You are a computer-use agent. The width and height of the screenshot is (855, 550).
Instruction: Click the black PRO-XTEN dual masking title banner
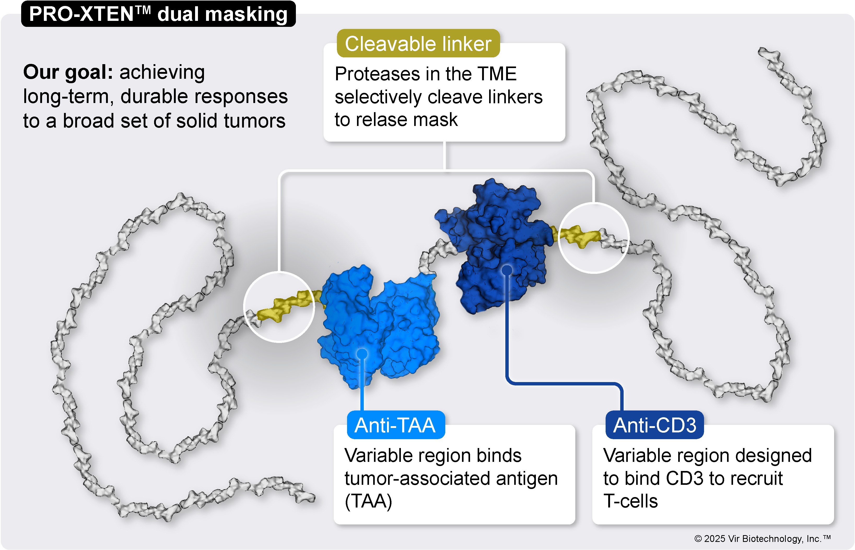coord(159,14)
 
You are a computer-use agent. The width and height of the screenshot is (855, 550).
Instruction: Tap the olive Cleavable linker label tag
coord(418,43)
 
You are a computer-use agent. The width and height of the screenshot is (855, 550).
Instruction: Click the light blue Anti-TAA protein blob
coord(379,325)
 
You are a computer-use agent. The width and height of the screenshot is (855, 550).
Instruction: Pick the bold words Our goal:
coord(68,72)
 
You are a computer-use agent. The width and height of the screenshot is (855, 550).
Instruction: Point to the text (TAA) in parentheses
coord(368,501)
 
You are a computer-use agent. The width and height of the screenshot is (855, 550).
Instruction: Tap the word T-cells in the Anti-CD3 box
coord(630,501)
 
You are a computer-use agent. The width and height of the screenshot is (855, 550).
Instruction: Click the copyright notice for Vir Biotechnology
coord(762,539)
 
